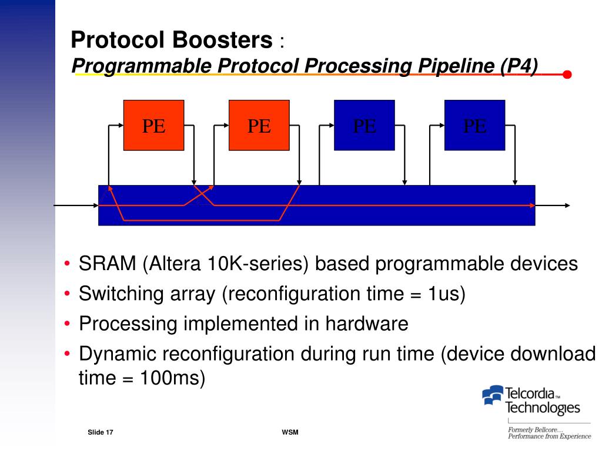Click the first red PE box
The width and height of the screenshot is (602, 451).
click(x=153, y=125)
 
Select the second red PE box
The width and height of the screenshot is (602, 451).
click(x=259, y=125)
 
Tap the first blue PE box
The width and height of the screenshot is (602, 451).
click(x=364, y=125)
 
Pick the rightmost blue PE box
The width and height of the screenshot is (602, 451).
click(x=474, y=125)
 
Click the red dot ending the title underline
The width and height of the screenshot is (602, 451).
click(x=567, y=75)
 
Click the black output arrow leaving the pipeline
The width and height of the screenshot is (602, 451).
click(x=553, y=206)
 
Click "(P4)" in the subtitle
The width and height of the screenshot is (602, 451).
click(x=519, y=66)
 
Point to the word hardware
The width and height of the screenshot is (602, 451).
click(x=367, y=323)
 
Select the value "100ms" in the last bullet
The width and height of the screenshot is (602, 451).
click(x=172, y=378)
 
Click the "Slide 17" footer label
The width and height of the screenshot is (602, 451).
click(x=100, y=433)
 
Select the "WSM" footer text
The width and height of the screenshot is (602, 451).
click(x=290, y=433)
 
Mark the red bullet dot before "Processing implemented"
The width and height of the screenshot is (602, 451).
click(x=68, y=324)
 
